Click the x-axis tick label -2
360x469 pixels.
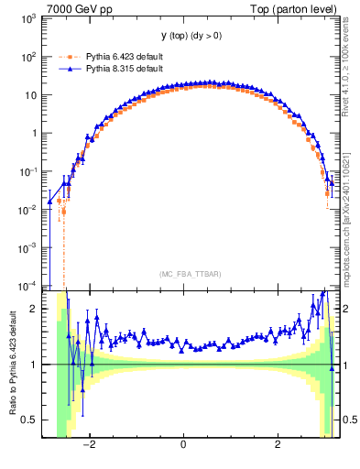click(x=89, y=445)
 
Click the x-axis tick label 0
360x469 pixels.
click(x=184, y=445)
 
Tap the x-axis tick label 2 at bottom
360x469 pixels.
click(x=278, y=445)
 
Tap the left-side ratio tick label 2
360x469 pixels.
click(x=32, y=309)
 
